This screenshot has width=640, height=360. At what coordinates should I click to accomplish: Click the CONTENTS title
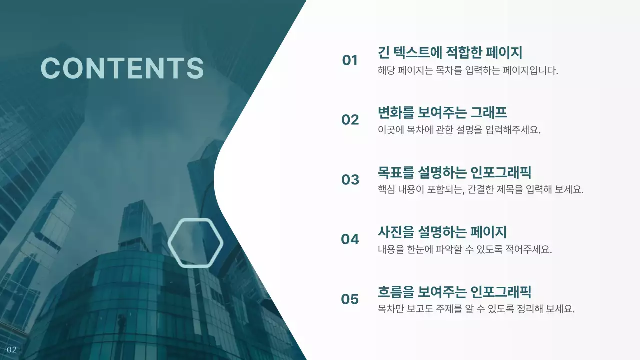click(x=122, y=68)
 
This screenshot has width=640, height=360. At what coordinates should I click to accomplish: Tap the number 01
click(x=350, y=60)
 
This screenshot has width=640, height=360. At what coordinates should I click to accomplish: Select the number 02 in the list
click(x=350, y=120)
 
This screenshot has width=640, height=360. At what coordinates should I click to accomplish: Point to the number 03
click(x=350, y=179)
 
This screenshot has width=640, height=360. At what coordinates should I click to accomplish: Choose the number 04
click(x=350, y=239)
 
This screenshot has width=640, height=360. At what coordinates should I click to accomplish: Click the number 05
click(x=350, y=299)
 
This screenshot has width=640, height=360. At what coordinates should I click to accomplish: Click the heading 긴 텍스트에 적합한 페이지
click(x=450, y=52)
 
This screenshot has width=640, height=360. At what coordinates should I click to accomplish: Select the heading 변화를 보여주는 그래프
click(x=442, y=112)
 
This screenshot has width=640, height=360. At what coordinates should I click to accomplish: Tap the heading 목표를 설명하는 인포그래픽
click(x=454, y=172)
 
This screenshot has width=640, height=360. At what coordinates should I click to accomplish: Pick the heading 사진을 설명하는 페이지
click(x=442, y=232)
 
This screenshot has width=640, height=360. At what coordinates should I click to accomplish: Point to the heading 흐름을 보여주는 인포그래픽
click(x=454, y=291)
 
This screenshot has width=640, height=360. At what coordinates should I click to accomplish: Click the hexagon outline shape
click(x=195, y=243)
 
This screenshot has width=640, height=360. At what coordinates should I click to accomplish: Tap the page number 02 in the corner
click(x=12, y=349)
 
